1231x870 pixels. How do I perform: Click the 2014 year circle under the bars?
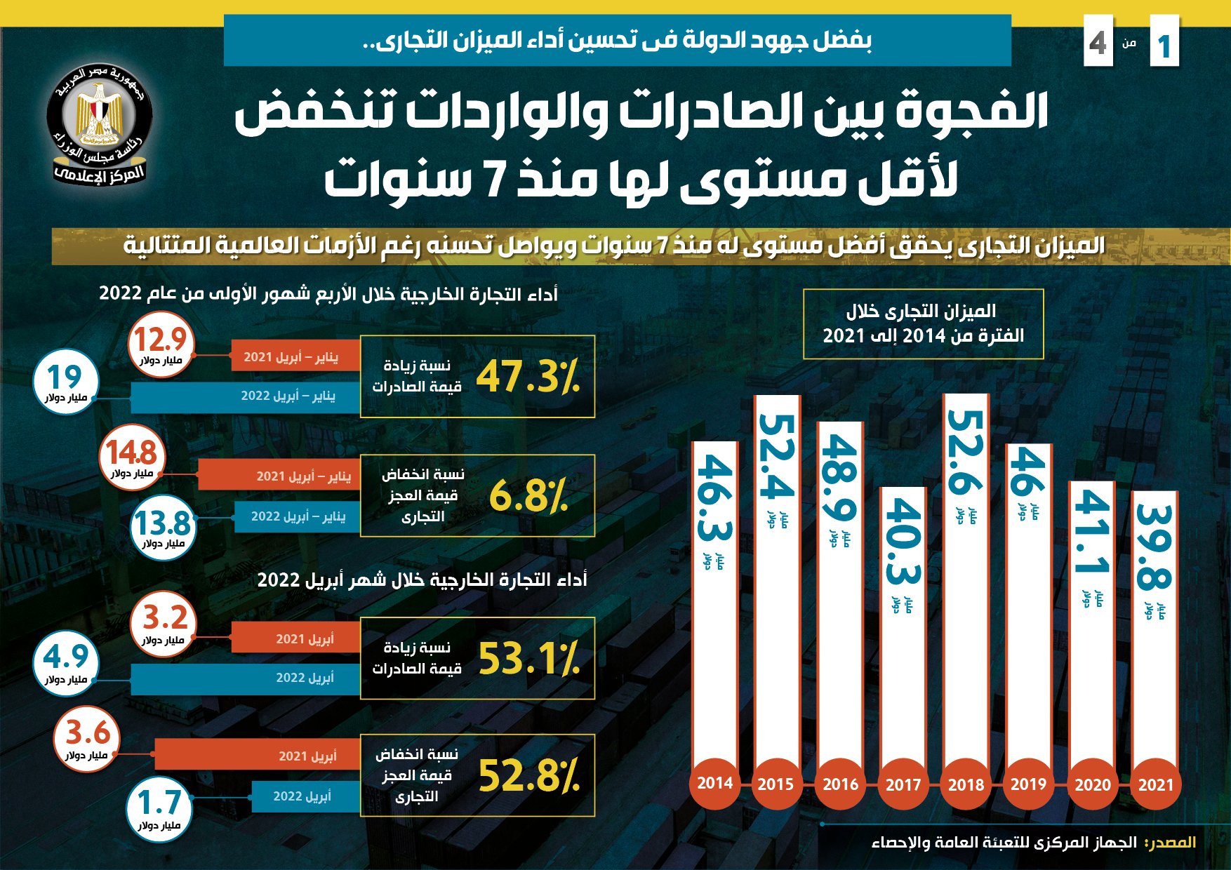(x=714, y=783)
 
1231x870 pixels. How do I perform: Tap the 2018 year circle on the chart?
(x=966, y=784)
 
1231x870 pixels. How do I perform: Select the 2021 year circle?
(x=1155, y=784)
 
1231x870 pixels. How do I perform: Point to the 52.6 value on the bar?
(x=966, y=453)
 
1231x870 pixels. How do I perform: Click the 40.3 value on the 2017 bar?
(x=903, y=542)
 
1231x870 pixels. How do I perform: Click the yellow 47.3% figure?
(x=528, y=377)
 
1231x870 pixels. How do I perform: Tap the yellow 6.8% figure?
(x=528, y=496)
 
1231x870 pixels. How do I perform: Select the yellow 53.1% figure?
(x=528, y=659)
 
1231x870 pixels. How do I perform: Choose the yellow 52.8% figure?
(x=528, y=776)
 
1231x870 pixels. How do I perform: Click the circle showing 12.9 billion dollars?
(x=161, y=344)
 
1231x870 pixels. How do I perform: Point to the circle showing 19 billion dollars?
(x=66, y=382)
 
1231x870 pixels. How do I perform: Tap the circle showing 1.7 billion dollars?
(x=159, y=809)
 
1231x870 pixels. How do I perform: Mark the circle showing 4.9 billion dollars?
(x=66, y=662)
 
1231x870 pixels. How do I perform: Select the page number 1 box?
(x=1164, y=44)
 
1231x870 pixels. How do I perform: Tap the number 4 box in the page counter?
(x=1098, y=43)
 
